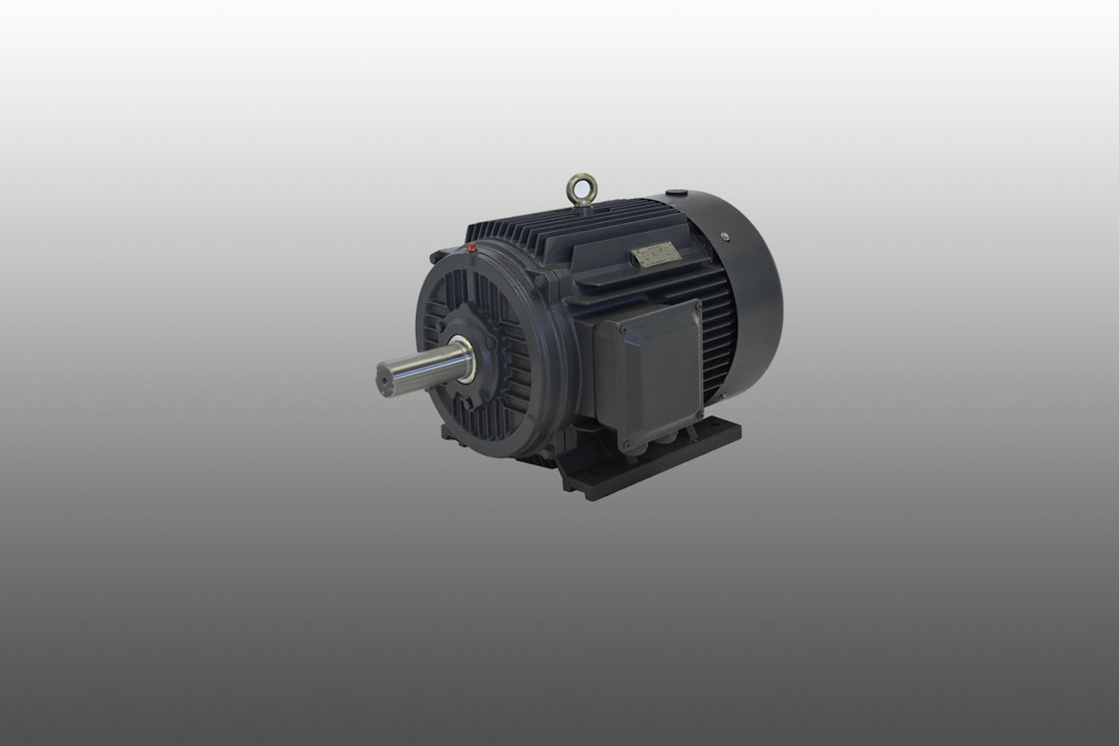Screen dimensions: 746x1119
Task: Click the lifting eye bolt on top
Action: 581,188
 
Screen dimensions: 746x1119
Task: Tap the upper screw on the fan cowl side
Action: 726,237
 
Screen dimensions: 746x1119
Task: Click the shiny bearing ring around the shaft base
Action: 467,358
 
